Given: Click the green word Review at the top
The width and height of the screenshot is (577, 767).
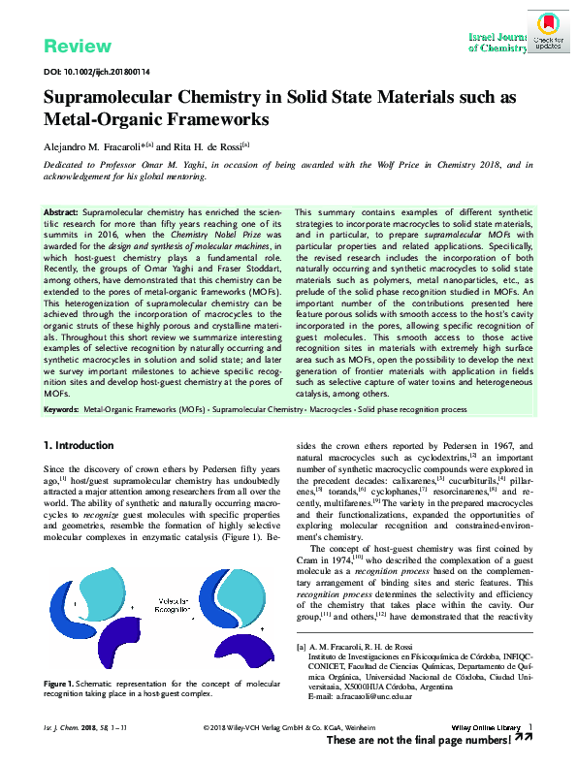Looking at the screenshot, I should click(78, 47).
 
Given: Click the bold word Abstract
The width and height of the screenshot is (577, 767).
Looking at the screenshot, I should click(61, 211).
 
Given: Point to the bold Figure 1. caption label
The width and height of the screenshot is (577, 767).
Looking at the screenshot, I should click(63, 685).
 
